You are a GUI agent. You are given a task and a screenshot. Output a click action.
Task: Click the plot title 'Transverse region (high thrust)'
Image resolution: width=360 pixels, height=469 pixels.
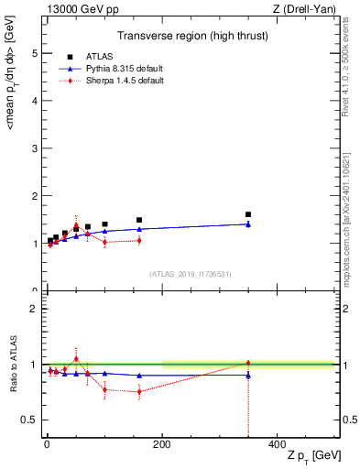pyautogui.click(x=192, y=38)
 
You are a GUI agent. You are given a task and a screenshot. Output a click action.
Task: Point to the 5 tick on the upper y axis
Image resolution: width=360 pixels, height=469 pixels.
pyautogui.click(x=35, y=53)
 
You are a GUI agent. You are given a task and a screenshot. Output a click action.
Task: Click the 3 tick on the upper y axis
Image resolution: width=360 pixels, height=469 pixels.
pyautogui.click(x=35, y=148)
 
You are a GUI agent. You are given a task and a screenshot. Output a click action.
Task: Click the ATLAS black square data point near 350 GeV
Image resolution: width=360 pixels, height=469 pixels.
pyautogui.click(x=247, y=214)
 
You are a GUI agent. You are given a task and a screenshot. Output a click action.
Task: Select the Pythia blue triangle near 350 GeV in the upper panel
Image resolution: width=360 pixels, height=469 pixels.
pyautogui.click(x=247, y=224)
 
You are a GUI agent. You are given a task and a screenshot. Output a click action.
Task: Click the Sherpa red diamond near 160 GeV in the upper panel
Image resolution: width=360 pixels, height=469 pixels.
pyautogui.click(x=139, y=240)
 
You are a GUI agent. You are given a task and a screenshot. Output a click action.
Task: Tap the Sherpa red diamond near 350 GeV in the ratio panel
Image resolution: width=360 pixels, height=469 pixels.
pyautogui.click(x=247, y=363)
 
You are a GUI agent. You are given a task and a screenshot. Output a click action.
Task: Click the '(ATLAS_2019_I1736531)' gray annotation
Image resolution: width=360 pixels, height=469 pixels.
pyautogui.click(x=191, y=274)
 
